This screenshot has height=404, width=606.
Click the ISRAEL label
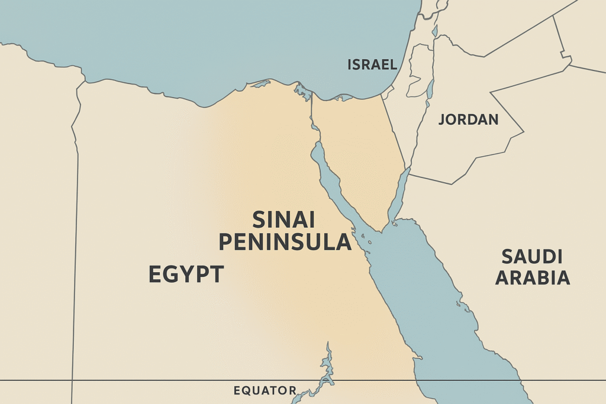pos(372,64)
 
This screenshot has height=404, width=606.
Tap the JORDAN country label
pos(468,119)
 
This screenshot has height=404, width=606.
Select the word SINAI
pos(283,219)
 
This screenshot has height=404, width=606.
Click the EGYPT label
pos(186,274)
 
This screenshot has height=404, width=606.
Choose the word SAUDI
pos(531,257)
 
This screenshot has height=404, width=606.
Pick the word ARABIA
pos(533,277)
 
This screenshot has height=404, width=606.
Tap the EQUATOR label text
pos(265,390)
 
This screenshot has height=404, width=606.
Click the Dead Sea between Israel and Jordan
pos(430,89)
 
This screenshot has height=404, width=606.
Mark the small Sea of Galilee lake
pos(434,31)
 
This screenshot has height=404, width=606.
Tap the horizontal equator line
pos(148,380)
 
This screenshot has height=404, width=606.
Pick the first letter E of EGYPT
pos(155,274)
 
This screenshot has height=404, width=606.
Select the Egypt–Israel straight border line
pos(394,133)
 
